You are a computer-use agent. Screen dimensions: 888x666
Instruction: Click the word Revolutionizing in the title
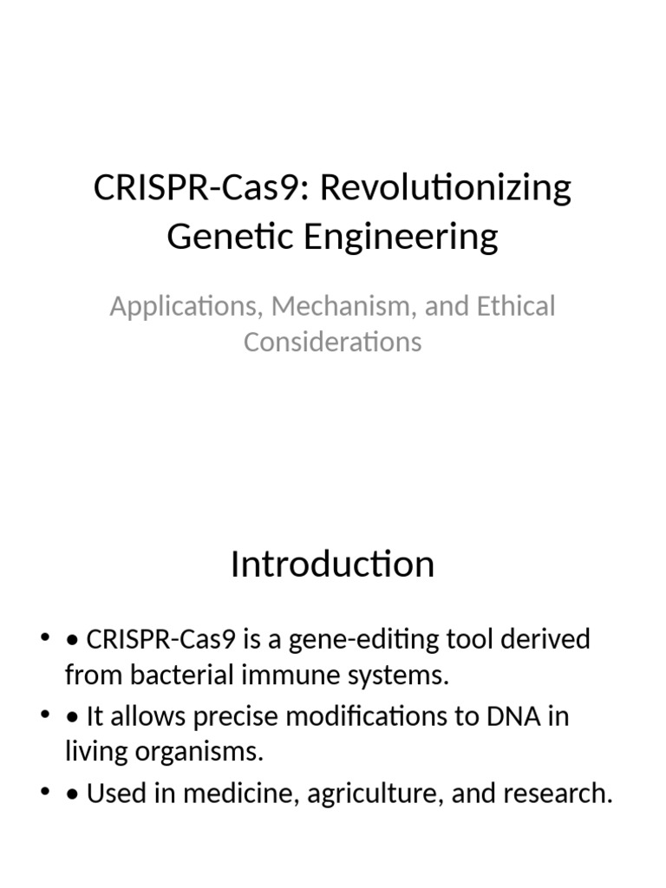[447, 188]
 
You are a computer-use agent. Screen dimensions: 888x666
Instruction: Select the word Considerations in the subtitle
[332, 342]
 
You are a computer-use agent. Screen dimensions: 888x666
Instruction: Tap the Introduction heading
[332, 565]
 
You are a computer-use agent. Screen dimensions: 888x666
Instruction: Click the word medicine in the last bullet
[235, 793]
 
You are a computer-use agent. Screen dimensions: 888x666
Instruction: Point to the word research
[555, 793]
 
